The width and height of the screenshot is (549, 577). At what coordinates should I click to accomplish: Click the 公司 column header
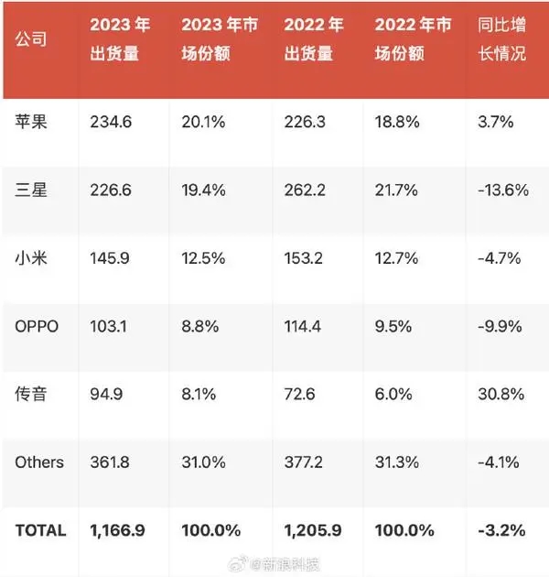point(32,41)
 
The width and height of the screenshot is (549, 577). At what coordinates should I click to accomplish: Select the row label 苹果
point(32,122)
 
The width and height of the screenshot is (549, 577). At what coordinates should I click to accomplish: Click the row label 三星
point(32,190)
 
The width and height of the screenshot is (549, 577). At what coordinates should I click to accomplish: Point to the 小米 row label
point(32,258)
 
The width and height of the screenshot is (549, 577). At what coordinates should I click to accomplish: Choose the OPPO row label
point(37,326)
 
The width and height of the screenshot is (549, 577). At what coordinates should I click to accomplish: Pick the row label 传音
point(32,394)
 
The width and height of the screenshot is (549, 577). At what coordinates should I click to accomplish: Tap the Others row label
point(39,462)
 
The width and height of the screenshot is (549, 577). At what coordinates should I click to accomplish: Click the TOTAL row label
point(41,530)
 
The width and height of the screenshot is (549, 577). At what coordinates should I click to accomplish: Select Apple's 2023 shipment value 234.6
point(112,122)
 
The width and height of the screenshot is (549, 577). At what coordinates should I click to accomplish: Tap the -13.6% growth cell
point(502,190)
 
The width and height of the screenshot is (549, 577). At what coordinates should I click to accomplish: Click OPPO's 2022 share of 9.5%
point(395,326)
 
